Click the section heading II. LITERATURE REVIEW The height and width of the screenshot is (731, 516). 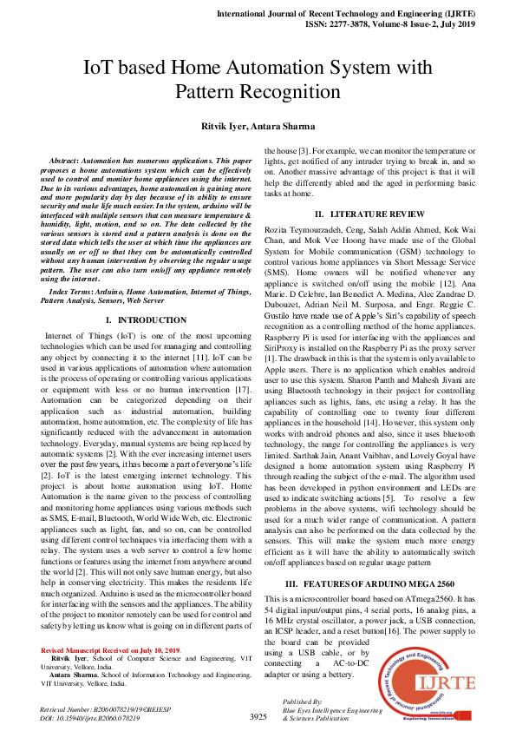[x=369, y=214]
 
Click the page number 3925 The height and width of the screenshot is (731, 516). [x=258, y=717]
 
